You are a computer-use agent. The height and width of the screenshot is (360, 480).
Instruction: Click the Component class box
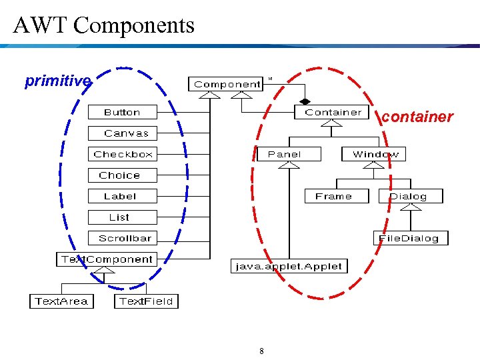click(227, 84)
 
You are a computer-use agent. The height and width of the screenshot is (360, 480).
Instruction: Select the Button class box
click(122, 113)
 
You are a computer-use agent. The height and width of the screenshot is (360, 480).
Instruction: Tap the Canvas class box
click(126, 133)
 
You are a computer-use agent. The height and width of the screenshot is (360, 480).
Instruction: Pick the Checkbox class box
click(123, 154)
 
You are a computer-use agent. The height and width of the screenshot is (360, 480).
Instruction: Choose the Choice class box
click(119, 175)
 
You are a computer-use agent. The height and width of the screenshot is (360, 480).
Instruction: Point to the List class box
click(120, 217)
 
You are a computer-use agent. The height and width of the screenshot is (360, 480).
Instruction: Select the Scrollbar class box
click(125, 238)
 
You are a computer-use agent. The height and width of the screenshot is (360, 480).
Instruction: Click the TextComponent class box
click(107, 259)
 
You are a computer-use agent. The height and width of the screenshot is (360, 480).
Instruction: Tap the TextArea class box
click(61, 301)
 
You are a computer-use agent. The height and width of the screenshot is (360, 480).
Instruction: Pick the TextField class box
click(146, 301)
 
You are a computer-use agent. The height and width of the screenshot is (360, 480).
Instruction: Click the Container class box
click(332, 113)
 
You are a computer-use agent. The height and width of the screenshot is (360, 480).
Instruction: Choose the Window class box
click(375, 154)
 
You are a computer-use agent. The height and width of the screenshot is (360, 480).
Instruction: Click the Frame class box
click(333, 196)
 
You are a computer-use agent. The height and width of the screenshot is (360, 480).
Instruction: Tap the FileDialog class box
click(409, 238)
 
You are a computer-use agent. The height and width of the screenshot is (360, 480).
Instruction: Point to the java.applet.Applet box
click(289, 266)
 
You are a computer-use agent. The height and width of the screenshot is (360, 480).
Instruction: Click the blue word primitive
click(57, 81)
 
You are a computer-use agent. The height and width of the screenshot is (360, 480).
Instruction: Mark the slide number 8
click(261, 351)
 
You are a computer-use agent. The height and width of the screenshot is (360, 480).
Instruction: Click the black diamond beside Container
click(305, 101)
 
